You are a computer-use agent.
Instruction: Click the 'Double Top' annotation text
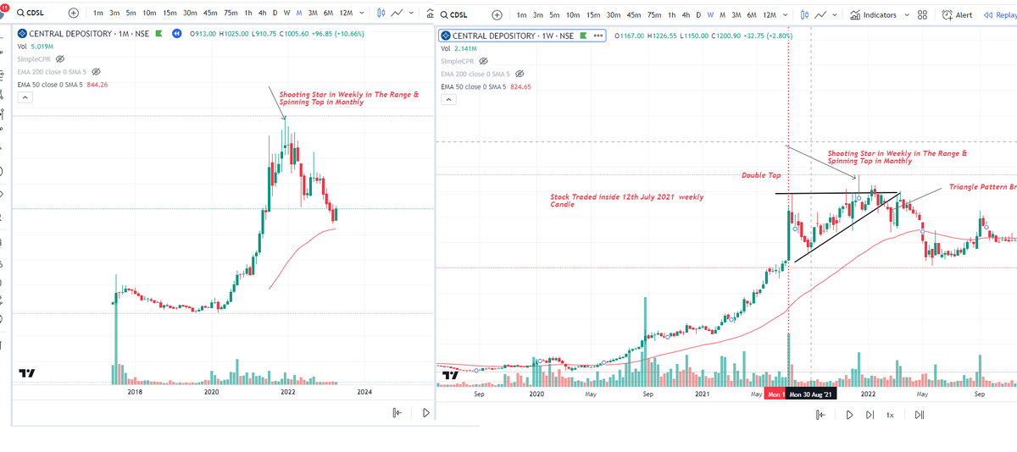click(x=761, y=175)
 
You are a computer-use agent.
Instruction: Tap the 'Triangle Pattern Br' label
click(x=982, y=186)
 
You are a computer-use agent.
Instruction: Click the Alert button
click(x=957, y=15)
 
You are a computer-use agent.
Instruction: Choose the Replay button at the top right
click(x=999, y=15)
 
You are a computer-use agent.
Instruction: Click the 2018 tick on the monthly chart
click(x=134, y=392)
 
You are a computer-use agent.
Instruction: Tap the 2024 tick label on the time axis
click(x=364, y=392)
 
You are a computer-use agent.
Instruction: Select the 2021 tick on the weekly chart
click(x=702, y=394)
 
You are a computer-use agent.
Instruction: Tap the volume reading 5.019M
click(x=42, y=47)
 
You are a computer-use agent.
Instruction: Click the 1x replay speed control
click(x=890, y=415)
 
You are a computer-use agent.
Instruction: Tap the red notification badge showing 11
click(x=4, y=7)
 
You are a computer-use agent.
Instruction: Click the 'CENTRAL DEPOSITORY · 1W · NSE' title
click(x=514, y=36)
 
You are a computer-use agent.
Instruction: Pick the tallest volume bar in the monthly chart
click(x=116, y=330)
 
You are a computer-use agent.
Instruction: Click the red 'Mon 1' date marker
click(x=775, y=394)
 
